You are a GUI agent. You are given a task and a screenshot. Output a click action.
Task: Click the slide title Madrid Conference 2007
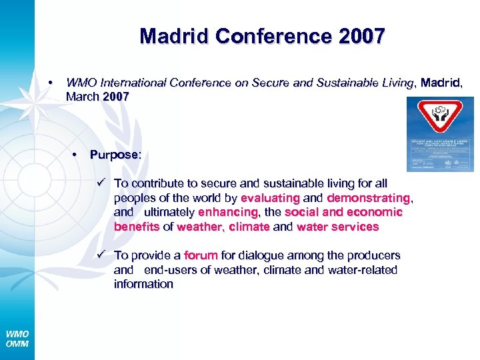262,36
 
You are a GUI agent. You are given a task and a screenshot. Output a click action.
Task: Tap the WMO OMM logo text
17,339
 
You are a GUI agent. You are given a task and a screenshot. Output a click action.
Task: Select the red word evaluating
270,198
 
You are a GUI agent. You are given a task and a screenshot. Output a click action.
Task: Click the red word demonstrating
369,198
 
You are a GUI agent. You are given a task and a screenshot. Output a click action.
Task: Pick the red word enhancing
227,212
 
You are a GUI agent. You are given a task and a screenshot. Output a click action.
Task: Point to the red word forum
201,255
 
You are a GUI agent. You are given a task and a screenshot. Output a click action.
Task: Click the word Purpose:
115,155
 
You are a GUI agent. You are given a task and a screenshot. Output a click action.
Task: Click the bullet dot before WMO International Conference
51,83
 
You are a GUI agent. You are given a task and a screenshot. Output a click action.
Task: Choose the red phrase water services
337,227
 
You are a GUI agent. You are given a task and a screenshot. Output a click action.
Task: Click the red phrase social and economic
343,212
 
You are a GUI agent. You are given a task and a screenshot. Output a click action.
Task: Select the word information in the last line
143,284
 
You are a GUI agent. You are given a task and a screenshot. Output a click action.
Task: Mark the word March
83,97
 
